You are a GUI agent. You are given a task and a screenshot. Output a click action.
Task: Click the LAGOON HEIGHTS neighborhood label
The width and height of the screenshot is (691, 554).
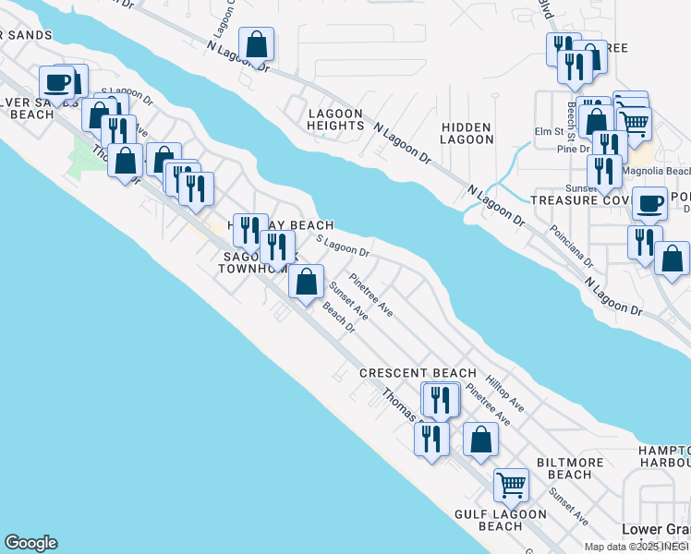335,118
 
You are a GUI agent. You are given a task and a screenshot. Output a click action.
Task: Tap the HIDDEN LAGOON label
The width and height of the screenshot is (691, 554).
467,132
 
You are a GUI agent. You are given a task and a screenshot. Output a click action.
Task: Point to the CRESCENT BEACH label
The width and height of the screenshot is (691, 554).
418,373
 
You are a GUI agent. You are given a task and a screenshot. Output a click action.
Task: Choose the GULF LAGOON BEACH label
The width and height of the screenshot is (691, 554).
489,519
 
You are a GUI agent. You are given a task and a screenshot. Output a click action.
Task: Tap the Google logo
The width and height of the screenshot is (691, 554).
30,543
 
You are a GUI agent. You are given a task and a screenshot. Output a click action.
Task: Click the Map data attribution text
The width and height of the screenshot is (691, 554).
636,547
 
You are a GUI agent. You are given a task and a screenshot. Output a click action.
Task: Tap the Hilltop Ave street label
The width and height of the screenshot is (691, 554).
505,393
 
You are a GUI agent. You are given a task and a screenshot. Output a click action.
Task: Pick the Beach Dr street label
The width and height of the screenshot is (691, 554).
339,324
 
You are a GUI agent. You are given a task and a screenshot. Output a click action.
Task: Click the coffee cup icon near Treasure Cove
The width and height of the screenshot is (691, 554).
649,204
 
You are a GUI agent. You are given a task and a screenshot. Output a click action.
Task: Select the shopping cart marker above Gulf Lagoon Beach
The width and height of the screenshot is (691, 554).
510,484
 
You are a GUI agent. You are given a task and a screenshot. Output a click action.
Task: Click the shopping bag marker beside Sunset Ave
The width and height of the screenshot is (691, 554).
306,281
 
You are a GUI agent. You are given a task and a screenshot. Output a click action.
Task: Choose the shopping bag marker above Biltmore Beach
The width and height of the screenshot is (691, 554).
480,440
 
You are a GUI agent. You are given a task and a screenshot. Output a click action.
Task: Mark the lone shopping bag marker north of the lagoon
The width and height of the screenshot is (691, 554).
256,44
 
